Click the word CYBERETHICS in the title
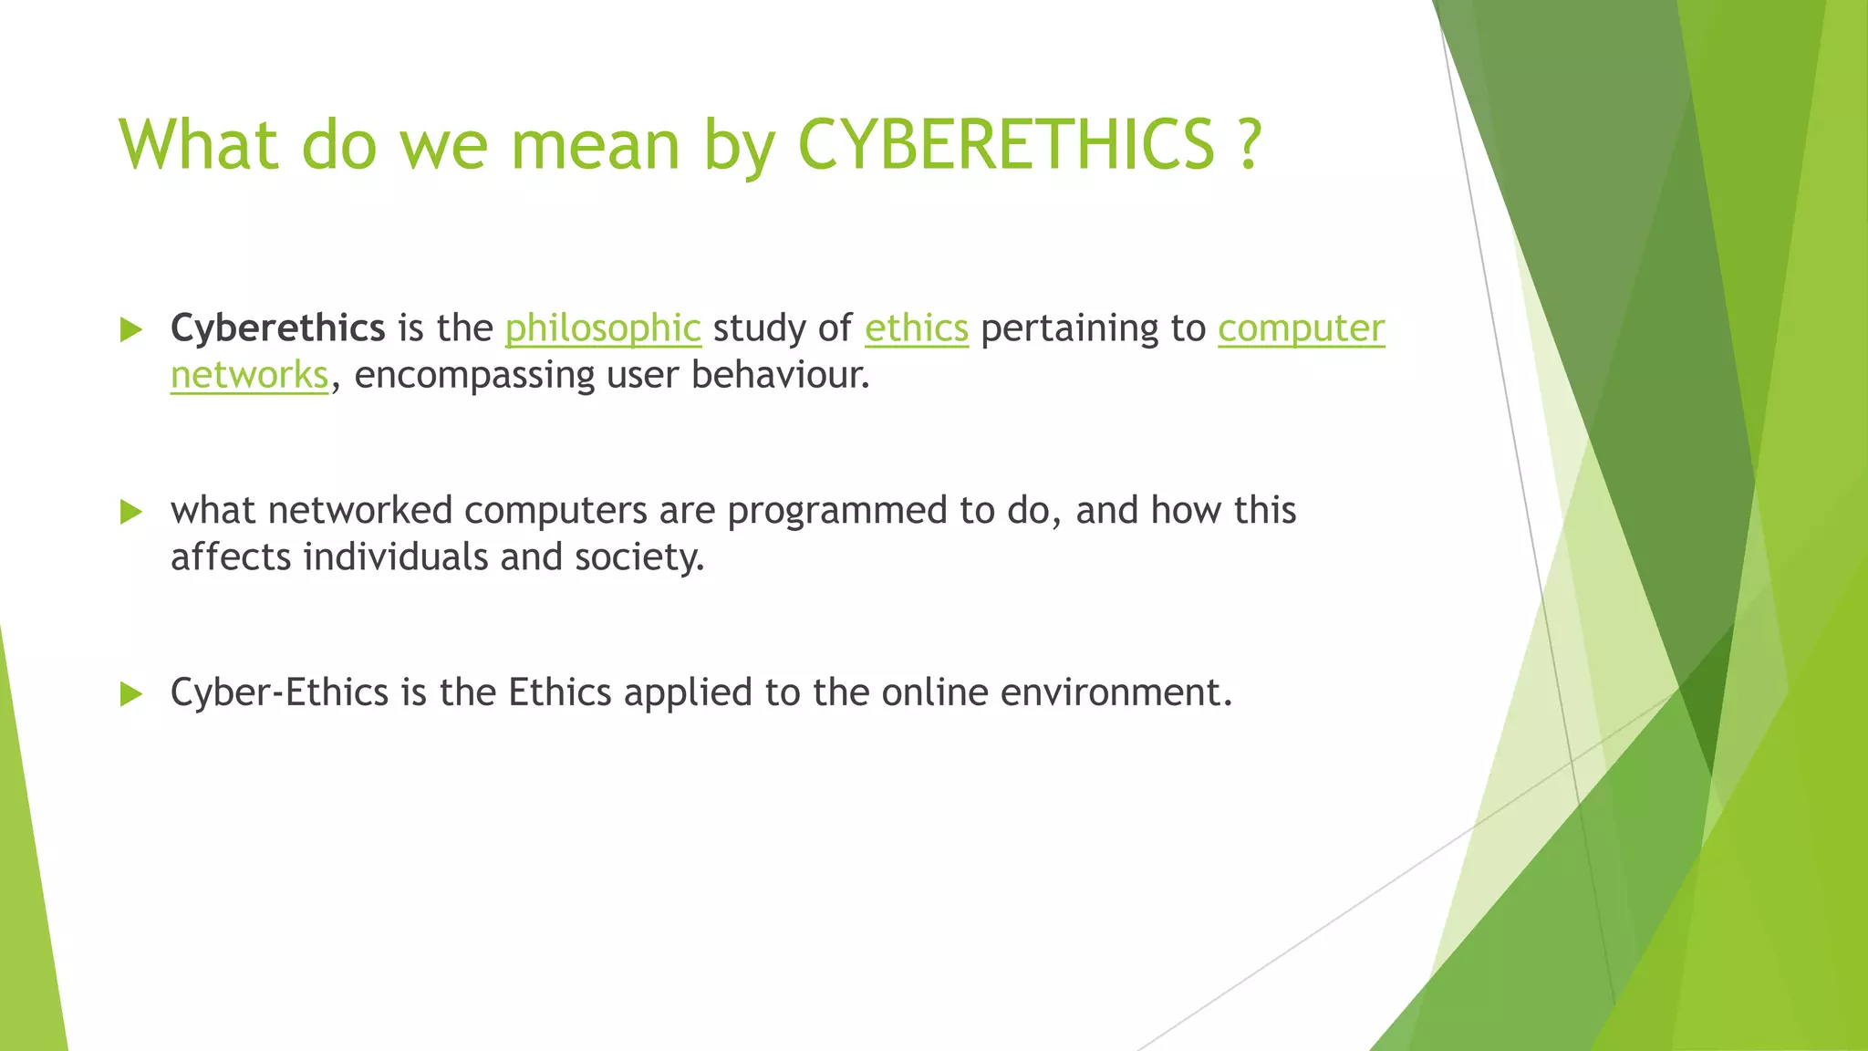[x=1006, y=144]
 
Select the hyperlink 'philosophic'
[x=603, y=328]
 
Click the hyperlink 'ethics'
[x=916, y=328]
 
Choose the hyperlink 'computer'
[x=1301, y=328]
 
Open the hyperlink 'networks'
[x=249, y=375]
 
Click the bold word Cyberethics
[x=277, y=328]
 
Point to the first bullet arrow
[x=131, y=330]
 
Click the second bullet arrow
[x=131, y=513]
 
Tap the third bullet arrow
[x=131, y=695]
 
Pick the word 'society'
[x=638, y=557]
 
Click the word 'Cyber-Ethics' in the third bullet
[x=279, y=692]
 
